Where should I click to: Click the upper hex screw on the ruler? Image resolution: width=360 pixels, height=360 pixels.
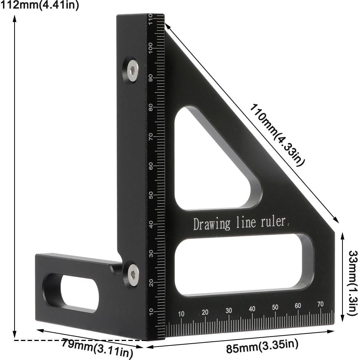(132, 69)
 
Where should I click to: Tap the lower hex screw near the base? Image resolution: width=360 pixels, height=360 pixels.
(133, 275)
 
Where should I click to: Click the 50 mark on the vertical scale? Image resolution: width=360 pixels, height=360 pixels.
(151, 195)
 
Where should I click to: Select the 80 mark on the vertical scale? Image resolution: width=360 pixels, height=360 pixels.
(151, 107)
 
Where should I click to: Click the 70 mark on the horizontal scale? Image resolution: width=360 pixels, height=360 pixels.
(320, 304)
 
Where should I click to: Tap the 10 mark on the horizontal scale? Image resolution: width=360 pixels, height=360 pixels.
(181, 314)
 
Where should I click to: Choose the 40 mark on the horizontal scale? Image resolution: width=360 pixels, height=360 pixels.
(252, 309)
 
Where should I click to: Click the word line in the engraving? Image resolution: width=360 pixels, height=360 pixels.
(246, 223)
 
